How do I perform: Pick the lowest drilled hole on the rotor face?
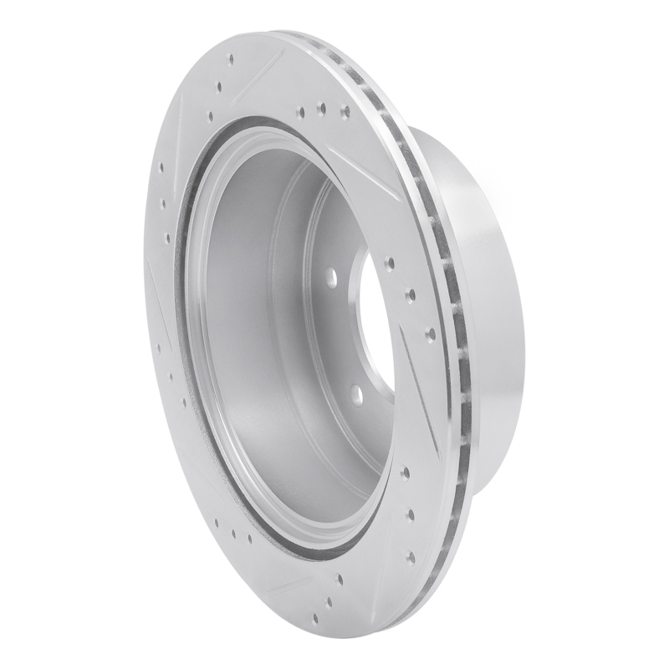(316, 620)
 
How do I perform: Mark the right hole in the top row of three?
(344, 108)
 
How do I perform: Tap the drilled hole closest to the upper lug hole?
(390, 263)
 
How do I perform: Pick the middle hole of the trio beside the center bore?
(411, 294)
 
